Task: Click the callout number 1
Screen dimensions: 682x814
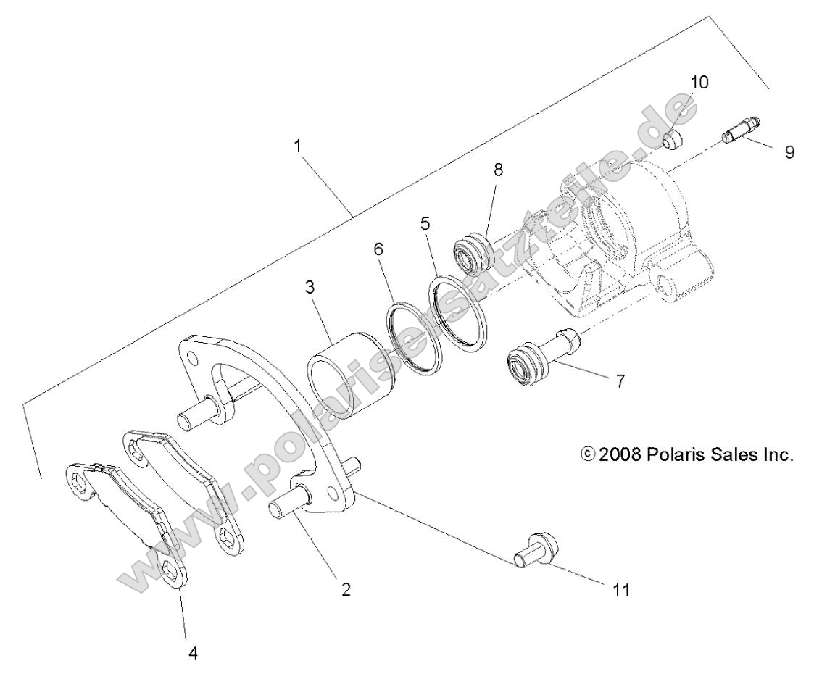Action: coord(297,145)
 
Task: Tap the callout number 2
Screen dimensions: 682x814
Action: coord(346,589)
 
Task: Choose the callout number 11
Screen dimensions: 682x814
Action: coord(620,590)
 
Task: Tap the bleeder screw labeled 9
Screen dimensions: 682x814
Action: coord(739,130)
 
